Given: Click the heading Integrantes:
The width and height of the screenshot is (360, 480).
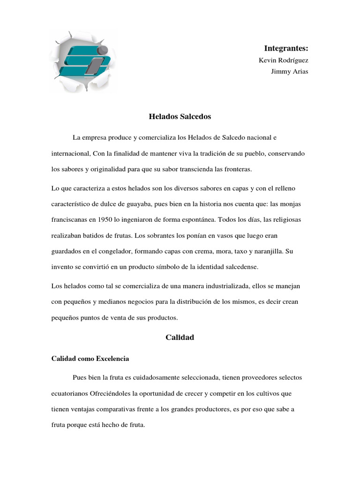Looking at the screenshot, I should (x=286, y=48).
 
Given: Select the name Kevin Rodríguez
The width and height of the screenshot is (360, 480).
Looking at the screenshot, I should (x=284, y=60).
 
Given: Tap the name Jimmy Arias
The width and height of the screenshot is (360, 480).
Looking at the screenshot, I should (x=290, y=72).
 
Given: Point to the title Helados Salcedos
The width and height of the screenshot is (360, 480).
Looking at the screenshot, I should (x=180, y=116).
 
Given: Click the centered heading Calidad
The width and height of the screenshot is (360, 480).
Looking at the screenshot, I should (x=180, y=337).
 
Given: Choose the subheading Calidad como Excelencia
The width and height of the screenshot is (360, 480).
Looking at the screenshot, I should (x=90, y=359).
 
